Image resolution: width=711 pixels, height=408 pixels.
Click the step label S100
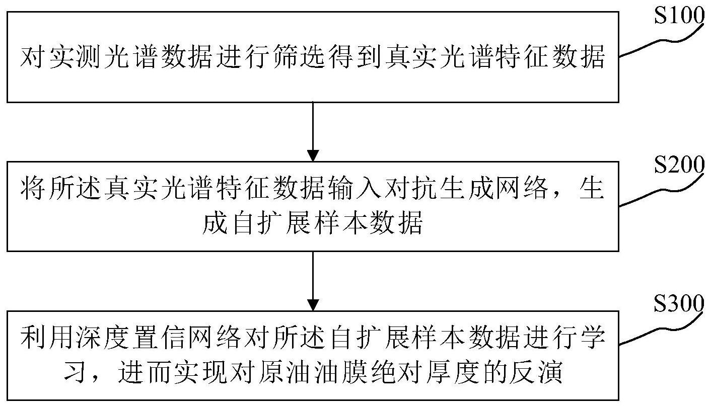[x=679, y=16]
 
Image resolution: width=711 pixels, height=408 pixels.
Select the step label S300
[x=679, y=303]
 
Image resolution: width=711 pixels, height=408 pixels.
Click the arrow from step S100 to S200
[x=313, y=132]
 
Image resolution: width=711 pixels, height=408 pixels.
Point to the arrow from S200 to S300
[x=313, y=281]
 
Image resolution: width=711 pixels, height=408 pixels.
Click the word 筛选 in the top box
[x=298, y=57]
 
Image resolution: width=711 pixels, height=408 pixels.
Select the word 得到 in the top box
[x=353, y=57]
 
